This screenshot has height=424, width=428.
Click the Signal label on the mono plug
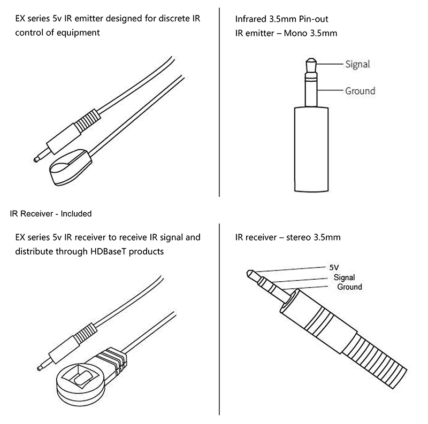(x=357, y=64)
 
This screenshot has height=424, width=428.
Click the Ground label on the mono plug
(x=360, y=91)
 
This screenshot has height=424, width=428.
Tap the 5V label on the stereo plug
(x=334, y=267)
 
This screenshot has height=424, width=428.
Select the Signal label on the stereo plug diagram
(x=344, y=277)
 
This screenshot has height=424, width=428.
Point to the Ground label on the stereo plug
(x=350, y=287)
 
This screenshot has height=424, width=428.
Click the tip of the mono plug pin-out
(x=311, y=59)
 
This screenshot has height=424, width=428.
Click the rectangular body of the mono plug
(x=311, y=149)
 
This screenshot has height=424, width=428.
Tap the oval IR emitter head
(x=71, y=167)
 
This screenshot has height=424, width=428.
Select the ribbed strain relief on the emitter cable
(x=87, y=120)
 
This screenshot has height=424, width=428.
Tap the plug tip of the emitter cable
(x=36, y=160)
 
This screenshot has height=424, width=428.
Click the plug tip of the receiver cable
(x=40, y=368)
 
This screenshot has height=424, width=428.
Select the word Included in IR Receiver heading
(x=76, y=214)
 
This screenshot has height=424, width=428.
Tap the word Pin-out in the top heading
(x=314, y=19)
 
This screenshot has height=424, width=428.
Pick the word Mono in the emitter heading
(x=296, y=33)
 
